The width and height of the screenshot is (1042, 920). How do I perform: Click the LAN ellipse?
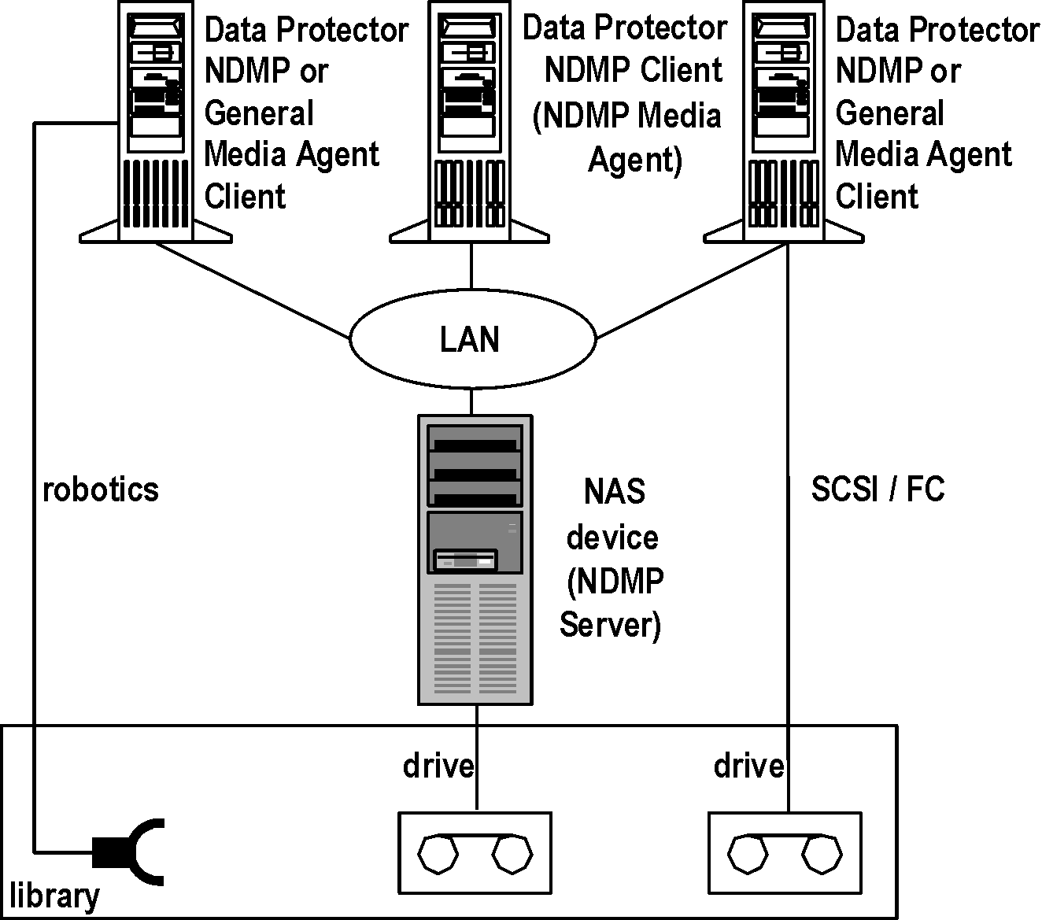pos(471,339)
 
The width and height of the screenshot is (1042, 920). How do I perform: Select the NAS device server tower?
pos(475,559)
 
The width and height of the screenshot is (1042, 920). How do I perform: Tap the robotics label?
pos(100,490)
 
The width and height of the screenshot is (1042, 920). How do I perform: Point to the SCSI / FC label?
pos(878,490)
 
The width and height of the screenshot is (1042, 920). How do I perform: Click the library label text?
pos(54,896)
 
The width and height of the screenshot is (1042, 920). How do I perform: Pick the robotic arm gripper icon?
pos(130,852)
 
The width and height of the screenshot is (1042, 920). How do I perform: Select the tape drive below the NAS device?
pos(475,853)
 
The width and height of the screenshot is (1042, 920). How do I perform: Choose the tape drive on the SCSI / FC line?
pos(786,853)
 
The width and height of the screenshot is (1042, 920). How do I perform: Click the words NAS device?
pos(613,514)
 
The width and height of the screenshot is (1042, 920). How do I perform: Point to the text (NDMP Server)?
pos(612,604)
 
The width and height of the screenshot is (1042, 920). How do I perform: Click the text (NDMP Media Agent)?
pos(627,138)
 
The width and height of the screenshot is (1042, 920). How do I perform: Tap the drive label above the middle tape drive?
pos(438,765)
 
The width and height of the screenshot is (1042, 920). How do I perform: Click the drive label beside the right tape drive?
pos(748,765)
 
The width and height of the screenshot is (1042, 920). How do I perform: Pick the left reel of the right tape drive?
pos(745,854)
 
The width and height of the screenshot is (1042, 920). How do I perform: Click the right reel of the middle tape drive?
pos(512,854)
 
